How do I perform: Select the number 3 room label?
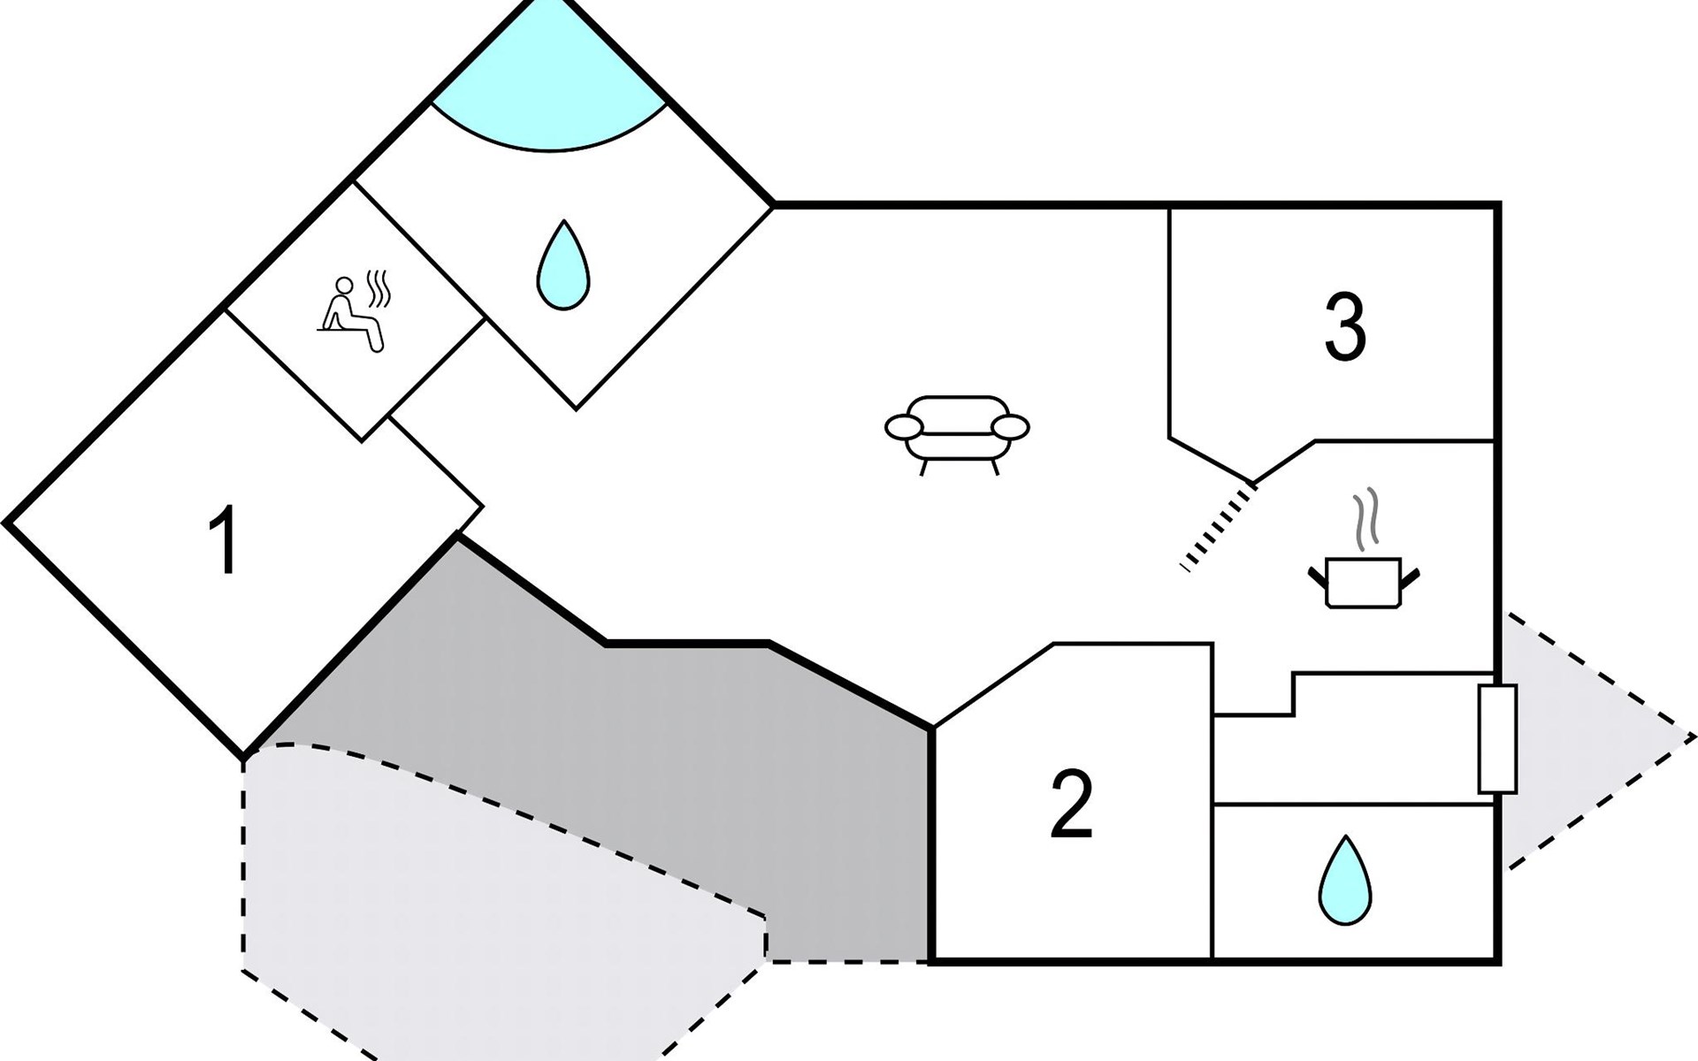click(1344, 327)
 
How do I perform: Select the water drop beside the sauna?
click(563, 265)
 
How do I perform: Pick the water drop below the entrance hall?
click(1344, 880)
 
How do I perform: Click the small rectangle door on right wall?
click(1497, 738)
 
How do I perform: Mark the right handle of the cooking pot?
click(1411, 578)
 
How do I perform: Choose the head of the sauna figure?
click(344, 286)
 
